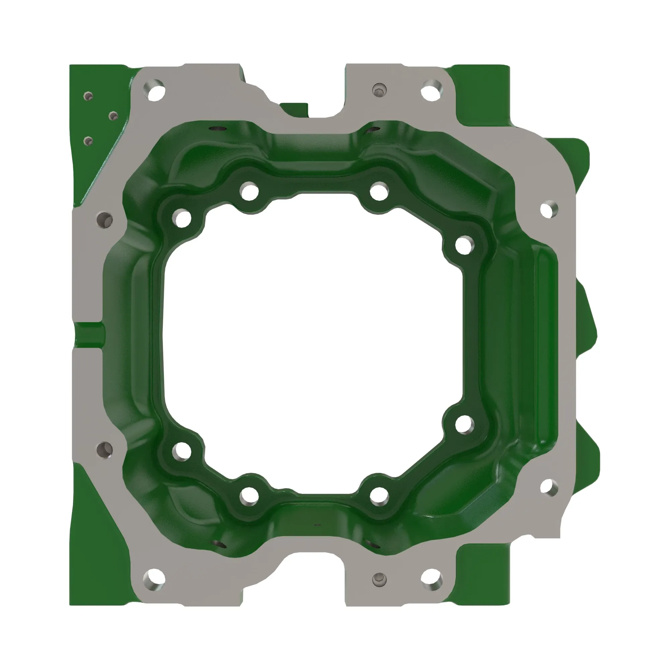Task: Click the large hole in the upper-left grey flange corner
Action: (x=154, y=90)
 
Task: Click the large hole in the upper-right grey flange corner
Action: (x=431, y=89)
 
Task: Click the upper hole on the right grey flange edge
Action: (x=549, y=209)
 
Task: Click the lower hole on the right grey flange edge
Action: (x=549, y=487)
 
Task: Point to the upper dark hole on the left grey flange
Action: (x=105, y=219)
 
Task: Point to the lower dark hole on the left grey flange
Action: (x=105, y=450)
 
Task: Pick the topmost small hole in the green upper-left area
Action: (x=89, y=96)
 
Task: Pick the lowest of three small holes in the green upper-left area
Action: (x=88, y=141)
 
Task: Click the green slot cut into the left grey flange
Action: (x=89, y=332)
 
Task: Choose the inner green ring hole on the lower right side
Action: (x=464, y=424)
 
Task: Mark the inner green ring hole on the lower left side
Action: (x=182, y=451)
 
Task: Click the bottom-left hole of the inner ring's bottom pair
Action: (x=249, y=495)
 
